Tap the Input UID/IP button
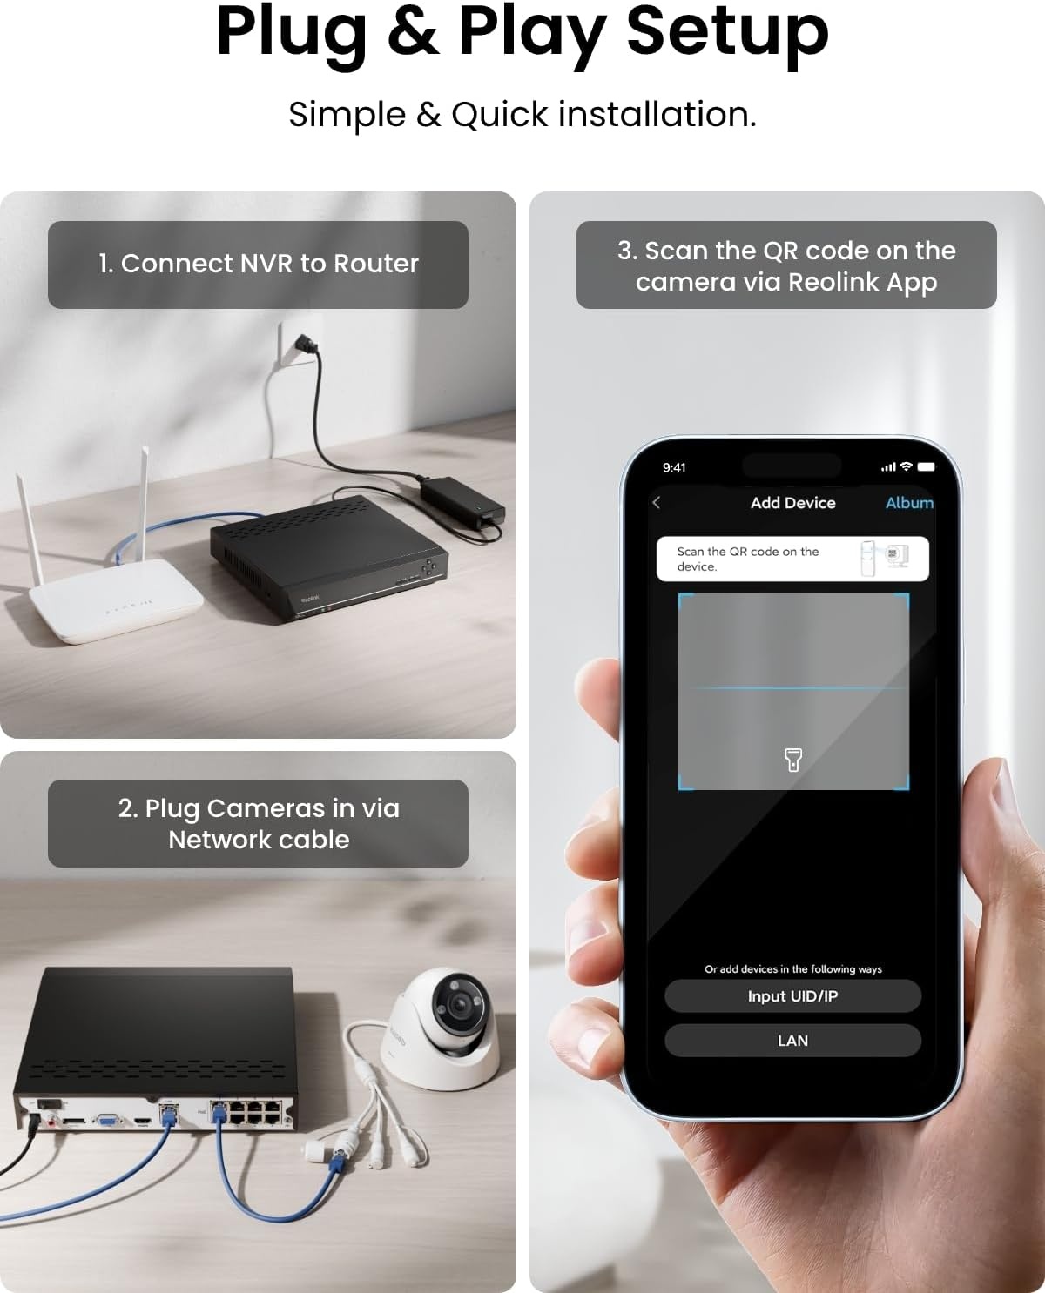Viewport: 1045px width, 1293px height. click(x=792, y=996)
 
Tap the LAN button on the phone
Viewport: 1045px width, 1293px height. click(x=792, y=1041)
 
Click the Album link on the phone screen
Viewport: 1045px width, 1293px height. click(x=909, y=503)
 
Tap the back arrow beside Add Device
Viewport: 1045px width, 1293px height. click(x=656, y=503)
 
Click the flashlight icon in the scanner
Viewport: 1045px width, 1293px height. click(x=792, y=760)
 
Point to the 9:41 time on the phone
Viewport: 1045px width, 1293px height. click(x=674, y=467)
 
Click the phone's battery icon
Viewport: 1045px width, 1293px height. click(x=926, y=466)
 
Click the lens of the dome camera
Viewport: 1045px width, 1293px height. click(x=459, y=1005)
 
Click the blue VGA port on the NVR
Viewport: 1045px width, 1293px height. click(x=107, y=1121)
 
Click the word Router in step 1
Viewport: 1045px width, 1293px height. click(x=376, y=264)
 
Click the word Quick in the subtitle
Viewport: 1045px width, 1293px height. click(x=499, y=114)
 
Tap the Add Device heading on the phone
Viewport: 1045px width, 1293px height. click(x=792, y=503)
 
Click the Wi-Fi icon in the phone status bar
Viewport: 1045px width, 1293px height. click(x=906, y=466)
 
